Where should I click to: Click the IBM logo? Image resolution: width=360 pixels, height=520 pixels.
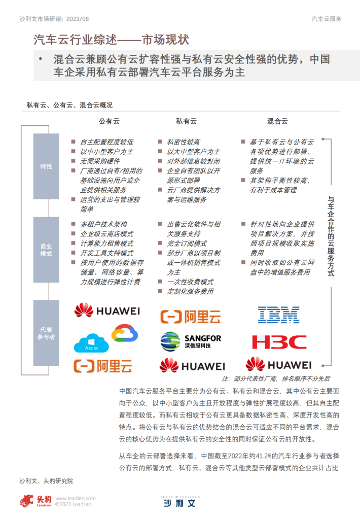tap(278, 315)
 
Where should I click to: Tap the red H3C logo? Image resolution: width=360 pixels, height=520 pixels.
tap(279, 342)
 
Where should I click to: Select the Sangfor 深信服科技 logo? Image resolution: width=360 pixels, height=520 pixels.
tap(191, 341)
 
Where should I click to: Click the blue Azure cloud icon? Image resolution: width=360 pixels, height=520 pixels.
tap(91, 343)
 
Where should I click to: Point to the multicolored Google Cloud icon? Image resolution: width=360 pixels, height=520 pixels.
tap(125, 333)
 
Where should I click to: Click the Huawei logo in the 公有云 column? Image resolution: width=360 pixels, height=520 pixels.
tap(107, 310)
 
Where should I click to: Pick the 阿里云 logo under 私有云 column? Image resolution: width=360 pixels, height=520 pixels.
tap(191, 317)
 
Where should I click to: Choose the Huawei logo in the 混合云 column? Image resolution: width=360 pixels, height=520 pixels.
tap(278, 364)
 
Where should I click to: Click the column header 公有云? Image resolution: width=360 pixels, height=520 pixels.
tap(109, 121)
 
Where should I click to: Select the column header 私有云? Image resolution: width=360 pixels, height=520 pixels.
tap(186, 121)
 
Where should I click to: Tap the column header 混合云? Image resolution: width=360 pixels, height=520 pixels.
tap(277, 121)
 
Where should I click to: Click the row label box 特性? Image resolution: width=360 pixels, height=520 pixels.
tap(46, 166)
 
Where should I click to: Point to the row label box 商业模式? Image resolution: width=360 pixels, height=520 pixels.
tap(46, 250)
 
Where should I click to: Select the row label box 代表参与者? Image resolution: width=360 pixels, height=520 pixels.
tap(46, 333)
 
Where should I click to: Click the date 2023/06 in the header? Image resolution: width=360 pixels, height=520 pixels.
tap(78, 19)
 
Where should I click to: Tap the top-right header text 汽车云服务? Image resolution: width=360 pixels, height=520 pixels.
tap(327, 19)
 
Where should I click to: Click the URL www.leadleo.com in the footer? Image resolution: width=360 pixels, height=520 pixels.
tap(76, 499)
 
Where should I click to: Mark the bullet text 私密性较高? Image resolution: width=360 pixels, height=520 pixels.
tap(184, 142)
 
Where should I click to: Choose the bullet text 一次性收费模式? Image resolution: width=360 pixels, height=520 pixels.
tap(190, 282)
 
